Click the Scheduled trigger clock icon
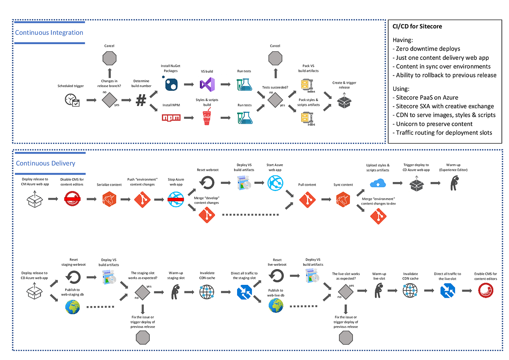(x=72, y=100)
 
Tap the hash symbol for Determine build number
(x=141, y=101)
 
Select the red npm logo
(x=171, y=118)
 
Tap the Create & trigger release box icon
(x=344, y=101)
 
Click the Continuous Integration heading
(x=49, y=33)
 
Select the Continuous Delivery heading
(x=45, y=163)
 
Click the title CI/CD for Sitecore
(x=417, y=26)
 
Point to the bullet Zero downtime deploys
(x=428, y=49)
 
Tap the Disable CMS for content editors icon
(x=72, y=199)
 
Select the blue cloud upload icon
(x=377, y=183)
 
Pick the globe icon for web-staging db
(x=72, y=307)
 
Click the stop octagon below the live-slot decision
(x=346, y=338)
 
